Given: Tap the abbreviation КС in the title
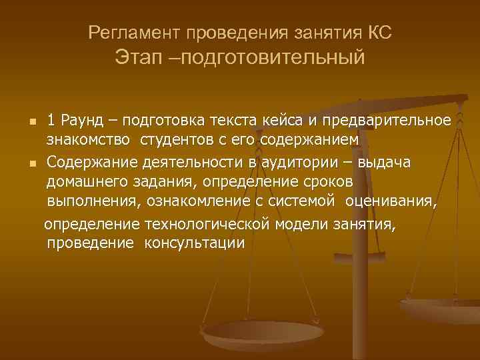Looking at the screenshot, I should pos(385,31).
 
